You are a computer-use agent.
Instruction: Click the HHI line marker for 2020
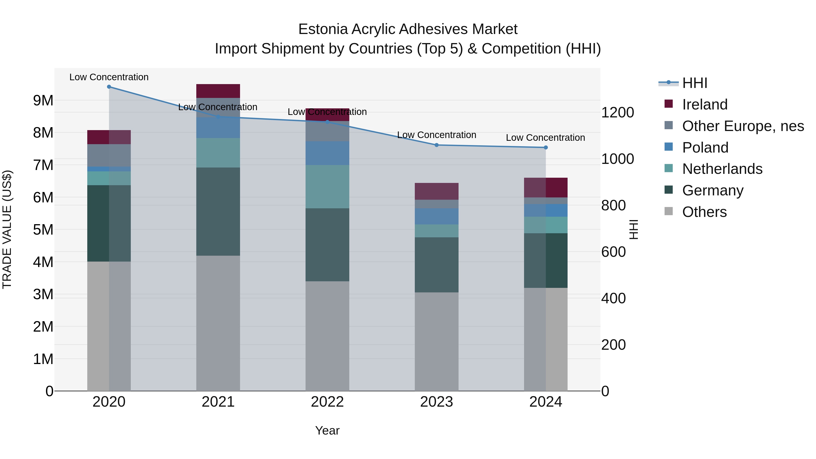click(109, 87)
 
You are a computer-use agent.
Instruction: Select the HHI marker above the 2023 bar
click(437, 145)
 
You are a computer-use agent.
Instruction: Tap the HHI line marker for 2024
click(546, 148)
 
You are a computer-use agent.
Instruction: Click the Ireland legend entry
click(704, 104)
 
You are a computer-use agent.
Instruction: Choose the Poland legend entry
click(705, 148)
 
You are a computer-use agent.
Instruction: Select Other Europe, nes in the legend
click(743, 126)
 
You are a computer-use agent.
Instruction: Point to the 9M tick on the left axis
click(43, 101)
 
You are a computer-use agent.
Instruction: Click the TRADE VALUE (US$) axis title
click(7, 229)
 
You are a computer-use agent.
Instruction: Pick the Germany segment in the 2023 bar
click(437, 265)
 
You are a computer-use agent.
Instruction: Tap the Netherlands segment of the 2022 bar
click(327, 187)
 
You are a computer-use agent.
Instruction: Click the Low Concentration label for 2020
click(109, 77)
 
